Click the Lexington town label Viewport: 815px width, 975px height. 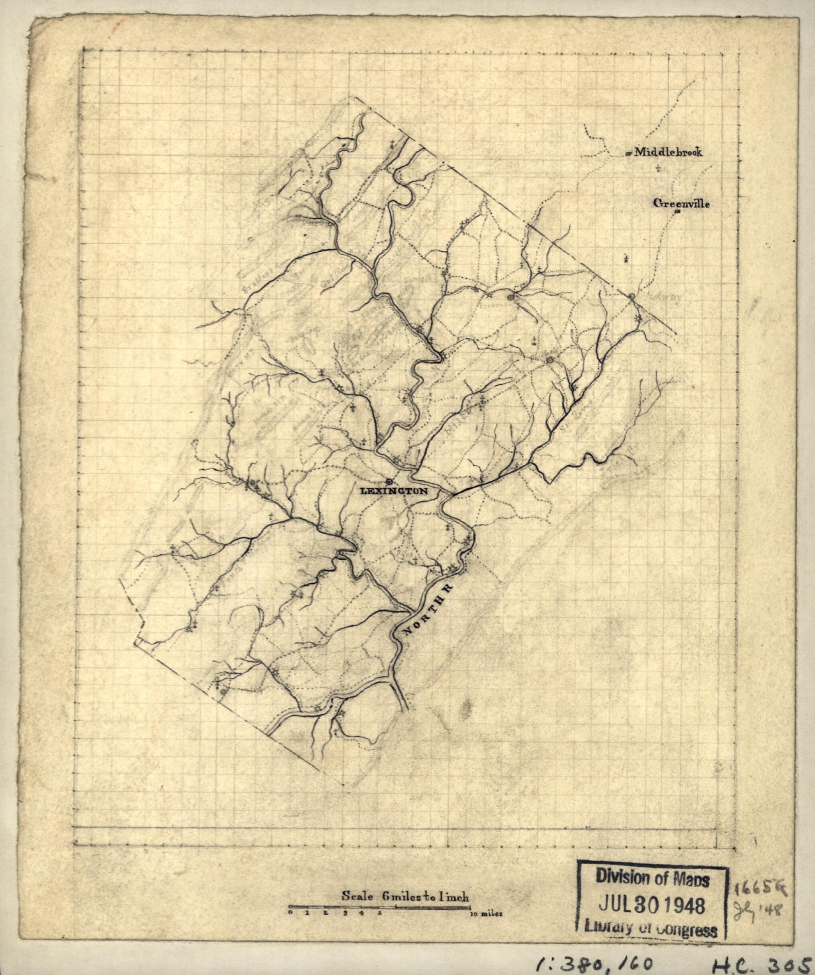(394, 491)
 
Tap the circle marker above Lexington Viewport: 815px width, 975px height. (389, 481)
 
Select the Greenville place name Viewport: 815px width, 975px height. (682, 203)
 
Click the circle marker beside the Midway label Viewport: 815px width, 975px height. (632, 296)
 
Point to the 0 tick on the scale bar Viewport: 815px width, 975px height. (290, 913)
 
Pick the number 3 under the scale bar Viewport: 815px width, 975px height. (345, 913)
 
